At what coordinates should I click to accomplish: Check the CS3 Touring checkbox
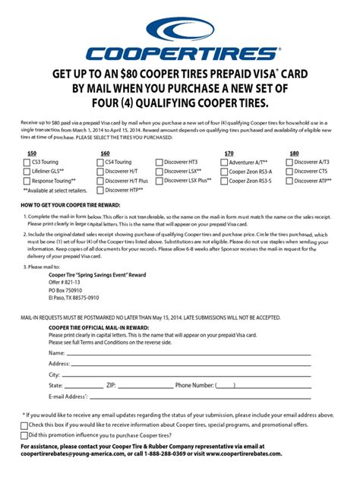coord(26,162)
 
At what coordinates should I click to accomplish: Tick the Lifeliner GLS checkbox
coord(26,172)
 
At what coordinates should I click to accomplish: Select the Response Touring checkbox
coord(26,182)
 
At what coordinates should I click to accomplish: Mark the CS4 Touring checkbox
coord(98,162)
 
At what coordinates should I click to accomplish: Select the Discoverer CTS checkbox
coord(289,172)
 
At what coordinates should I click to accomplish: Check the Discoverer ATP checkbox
coord(289,182)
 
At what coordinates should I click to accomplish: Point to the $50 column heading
coord(32,153)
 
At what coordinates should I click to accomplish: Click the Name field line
coord(186,354)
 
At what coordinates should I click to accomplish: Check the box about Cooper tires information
coord(24,425)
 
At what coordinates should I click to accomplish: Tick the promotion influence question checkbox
coord(24,435)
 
